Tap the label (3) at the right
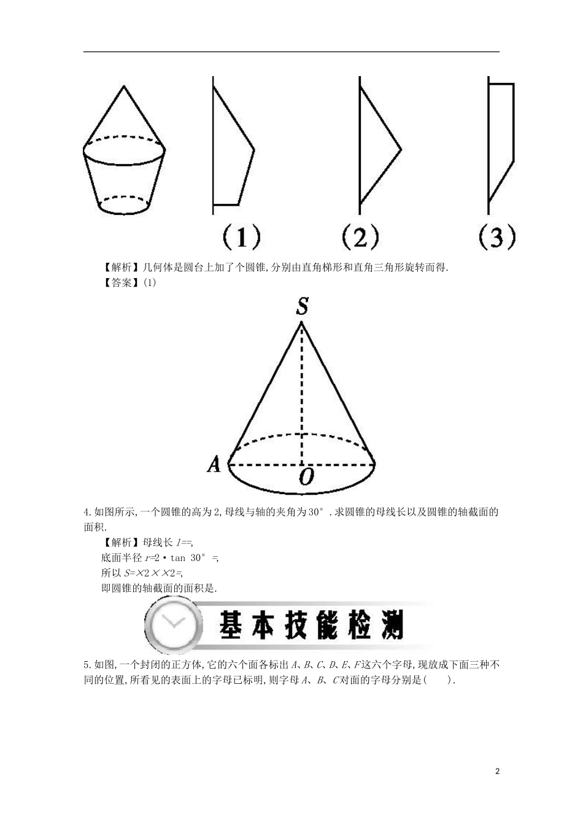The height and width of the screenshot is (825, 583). pos(496,237)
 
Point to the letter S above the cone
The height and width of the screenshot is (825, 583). pos(302,306)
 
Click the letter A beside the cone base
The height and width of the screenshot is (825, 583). pos(214,465)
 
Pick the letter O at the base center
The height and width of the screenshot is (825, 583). pos(306,477)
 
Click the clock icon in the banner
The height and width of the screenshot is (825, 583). pos(174,626)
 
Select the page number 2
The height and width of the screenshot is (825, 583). pos(498,772)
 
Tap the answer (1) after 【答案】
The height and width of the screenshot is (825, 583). pos(150,283)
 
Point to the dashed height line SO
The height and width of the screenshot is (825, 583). pos(302,393)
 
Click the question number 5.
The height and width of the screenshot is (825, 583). pos(87,664)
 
